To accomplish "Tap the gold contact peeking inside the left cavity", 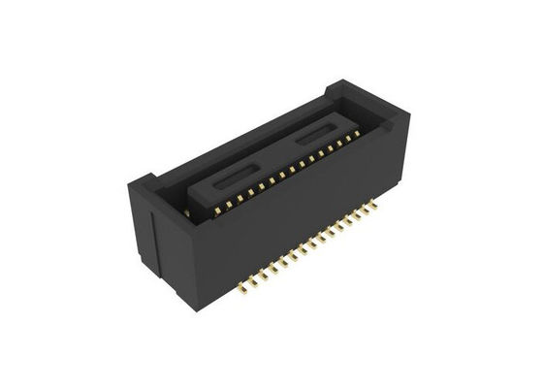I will point(184,208).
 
